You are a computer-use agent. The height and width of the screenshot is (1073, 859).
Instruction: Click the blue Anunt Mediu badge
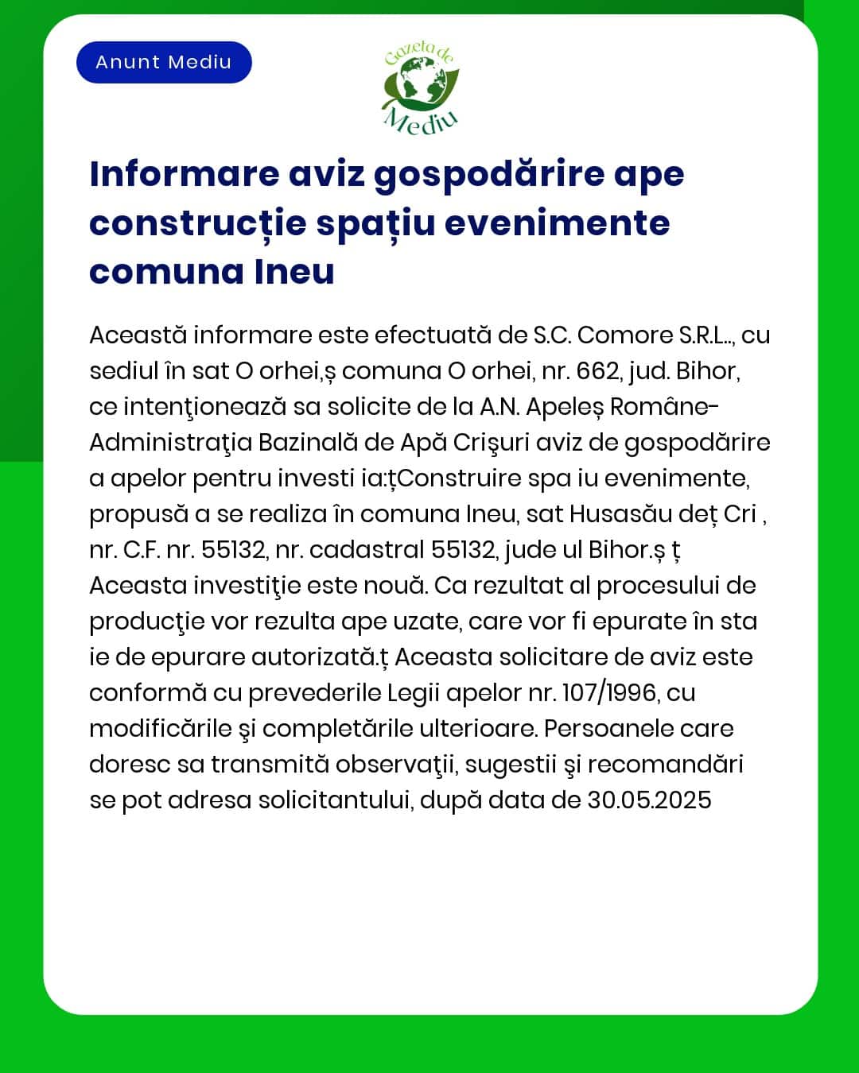tap(164, 62)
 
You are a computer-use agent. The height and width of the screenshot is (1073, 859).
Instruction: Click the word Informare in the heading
tap(185, 174)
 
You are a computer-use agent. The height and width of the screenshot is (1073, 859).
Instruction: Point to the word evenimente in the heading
tap(557, 223)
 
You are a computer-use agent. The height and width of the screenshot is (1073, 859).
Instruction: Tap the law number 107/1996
tap(609, 693)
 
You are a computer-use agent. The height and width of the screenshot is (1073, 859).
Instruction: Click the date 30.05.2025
tap(649, 800)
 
